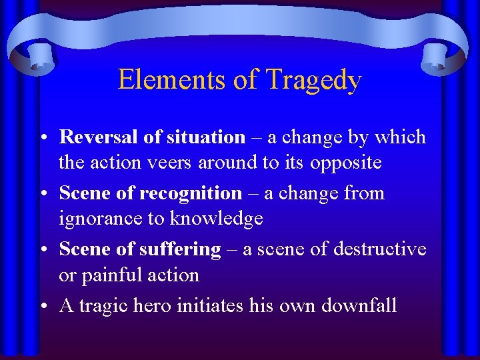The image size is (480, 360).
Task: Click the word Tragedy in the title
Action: [x=313, y=81]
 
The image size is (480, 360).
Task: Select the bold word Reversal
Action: [x=99, y=137]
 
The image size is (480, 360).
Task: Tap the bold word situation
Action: [x=206, y=137]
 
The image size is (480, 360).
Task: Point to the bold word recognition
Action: [x=191, y=193]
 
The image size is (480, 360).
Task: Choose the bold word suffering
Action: [x=180, y=249]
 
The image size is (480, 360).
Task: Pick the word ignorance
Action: [x=101, y=219]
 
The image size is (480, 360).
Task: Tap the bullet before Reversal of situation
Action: [x=42, y=138]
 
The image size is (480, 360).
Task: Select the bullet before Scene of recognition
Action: [x=42, y=194]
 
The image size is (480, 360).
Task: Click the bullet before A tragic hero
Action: [x=42, y=306]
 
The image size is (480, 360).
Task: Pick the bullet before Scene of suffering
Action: [x=42, y=250]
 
